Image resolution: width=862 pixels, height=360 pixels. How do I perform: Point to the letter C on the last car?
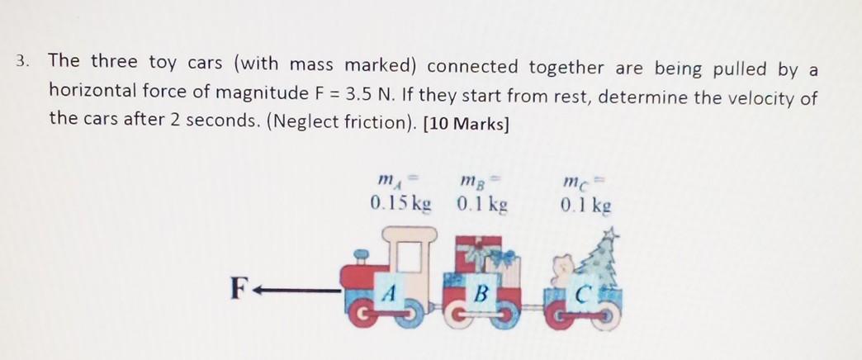[584, 293]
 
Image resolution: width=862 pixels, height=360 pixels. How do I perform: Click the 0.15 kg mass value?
[401, 204]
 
